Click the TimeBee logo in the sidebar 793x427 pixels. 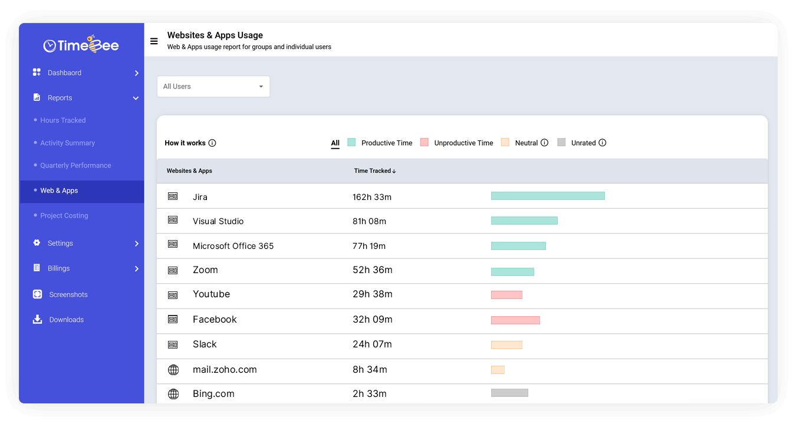point(81,45)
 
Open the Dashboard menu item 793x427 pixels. point(64,73)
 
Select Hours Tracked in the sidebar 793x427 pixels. point(62,120)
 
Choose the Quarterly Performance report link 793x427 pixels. point(75,166)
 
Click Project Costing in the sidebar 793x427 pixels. point(64,216)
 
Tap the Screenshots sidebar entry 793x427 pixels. point(68,295)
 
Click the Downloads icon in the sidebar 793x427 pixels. point(37,320)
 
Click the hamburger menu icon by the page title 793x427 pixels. point(154,41)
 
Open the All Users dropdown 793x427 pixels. point(213,87)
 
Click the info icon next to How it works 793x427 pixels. point(212,143)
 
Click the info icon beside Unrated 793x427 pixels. point(602,143)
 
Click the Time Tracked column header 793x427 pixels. point(374,171)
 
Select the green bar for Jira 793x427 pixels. point(548,196)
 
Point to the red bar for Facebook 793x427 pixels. point(515,320)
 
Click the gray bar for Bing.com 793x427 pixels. point(509,393)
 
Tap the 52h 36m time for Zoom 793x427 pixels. point(372,270)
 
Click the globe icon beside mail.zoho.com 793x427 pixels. point(173,370)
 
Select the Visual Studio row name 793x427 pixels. point(218,221)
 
